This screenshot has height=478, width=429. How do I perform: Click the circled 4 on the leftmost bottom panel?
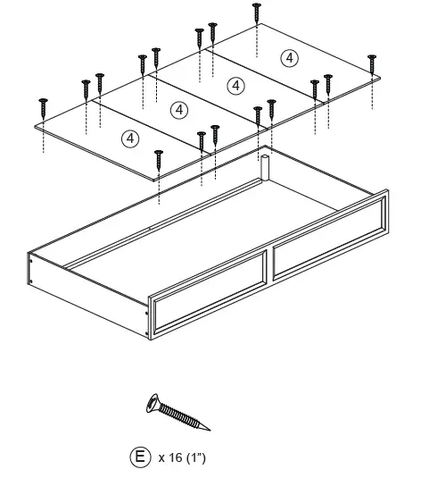(130, 138)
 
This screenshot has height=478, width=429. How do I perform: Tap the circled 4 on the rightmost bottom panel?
(288, 57)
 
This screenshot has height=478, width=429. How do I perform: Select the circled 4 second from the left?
(179, 110)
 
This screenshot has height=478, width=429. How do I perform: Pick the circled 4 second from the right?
(235, 85)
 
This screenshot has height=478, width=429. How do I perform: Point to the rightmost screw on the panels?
(372, 63)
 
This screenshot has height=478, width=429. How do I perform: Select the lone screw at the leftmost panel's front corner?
(159, 157)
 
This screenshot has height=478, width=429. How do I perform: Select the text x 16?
(170, 458)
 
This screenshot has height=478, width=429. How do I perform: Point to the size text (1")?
(195, 458)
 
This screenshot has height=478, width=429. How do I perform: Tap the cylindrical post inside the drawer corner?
(264, 168)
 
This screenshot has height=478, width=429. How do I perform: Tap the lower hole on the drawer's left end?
(32, 281)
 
